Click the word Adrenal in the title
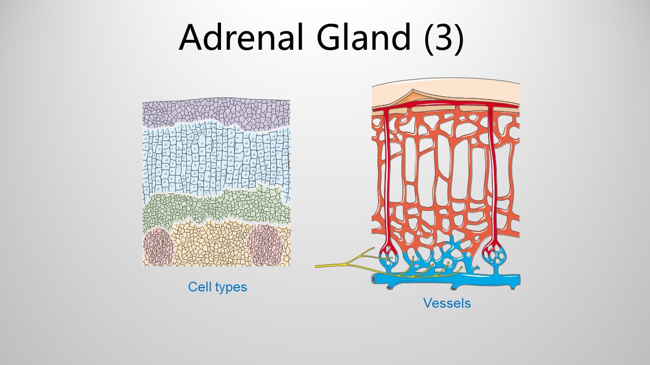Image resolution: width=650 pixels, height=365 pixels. (x=242, y=37)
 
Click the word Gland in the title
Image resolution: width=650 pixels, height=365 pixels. (x=364, y=37)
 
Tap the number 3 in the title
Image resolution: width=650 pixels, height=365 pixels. (x=443, y=38)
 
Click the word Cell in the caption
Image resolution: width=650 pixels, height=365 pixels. (x=200, y=287)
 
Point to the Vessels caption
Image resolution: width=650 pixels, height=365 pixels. (x=447, y=303)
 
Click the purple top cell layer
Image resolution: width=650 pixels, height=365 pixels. (x=216, y=113)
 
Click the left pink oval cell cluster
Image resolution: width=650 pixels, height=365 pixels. (x=158, y=247)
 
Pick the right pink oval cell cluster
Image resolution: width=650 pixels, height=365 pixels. (x=265, y=245)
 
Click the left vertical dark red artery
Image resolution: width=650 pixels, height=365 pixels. (x=387, y=180)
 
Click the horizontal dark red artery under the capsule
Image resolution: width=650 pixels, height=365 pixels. (x=445, y=104)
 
